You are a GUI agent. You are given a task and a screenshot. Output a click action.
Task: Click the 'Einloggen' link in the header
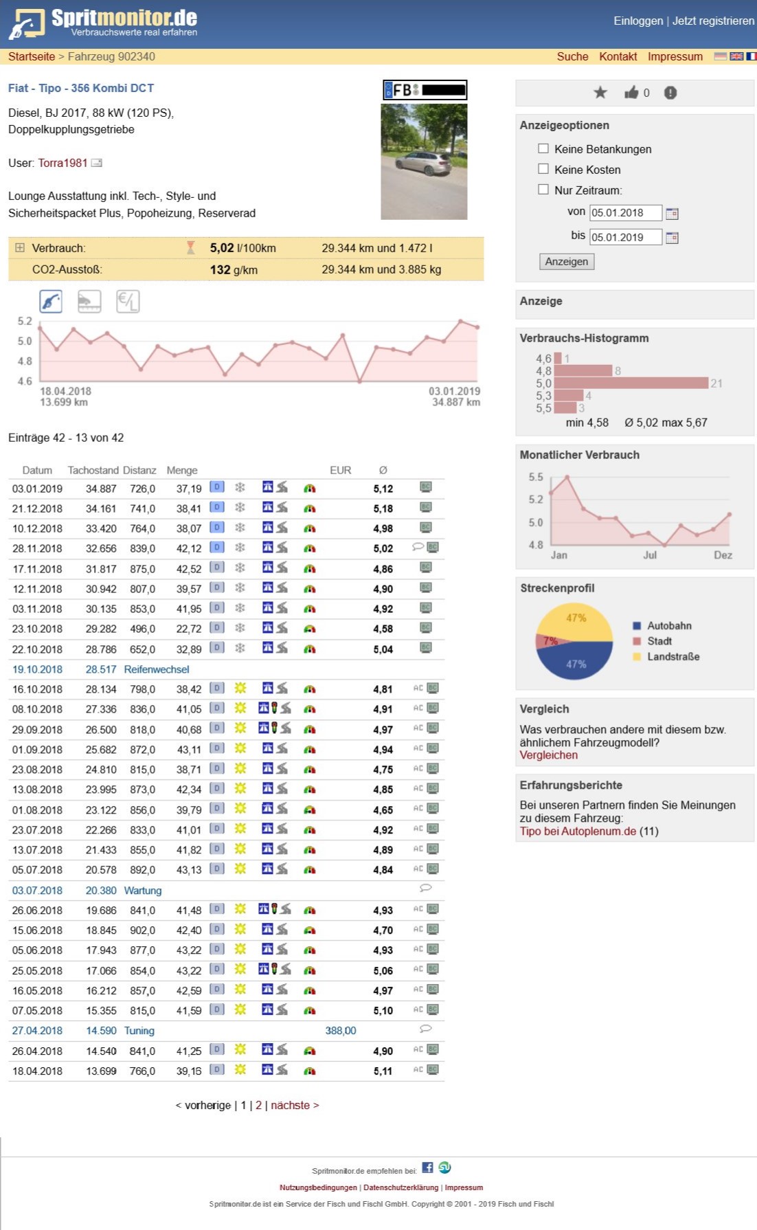click(638, 21)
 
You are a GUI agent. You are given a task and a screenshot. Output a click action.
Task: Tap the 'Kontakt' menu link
click(618, 56)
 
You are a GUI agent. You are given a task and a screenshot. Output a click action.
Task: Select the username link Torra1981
click(63, 163)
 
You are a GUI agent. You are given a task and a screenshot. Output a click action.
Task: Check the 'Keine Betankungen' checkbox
click(543, 148)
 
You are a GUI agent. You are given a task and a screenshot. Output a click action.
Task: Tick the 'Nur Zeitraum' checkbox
click(543, 190)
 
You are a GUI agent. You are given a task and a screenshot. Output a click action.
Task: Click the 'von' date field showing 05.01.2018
click(625, 213)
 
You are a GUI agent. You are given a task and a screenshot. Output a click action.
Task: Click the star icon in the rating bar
click(600, 93)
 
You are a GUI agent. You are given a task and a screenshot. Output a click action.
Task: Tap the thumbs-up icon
click(631, 93)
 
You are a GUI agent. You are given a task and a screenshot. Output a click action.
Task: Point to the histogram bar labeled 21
click(631, 383)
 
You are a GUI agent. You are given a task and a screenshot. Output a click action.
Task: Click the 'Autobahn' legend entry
click(668, 625)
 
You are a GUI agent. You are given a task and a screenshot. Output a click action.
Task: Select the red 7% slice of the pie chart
click(549, 641)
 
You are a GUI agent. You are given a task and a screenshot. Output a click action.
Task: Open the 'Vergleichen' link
click(548, 755)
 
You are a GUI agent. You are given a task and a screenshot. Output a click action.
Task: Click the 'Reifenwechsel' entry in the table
click(157, 669)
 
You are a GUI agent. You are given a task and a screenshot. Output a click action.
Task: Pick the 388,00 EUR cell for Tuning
click(341, 1031)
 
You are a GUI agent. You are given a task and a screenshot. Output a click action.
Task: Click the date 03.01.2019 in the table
click(37, 489)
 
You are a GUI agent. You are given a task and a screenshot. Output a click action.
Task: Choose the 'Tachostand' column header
click(93, 470)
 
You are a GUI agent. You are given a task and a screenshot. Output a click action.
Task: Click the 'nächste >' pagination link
click(295, 1105)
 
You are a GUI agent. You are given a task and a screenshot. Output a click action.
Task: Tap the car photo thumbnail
click(424, 162)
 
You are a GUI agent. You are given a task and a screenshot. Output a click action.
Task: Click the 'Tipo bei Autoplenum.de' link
click(578, 831)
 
